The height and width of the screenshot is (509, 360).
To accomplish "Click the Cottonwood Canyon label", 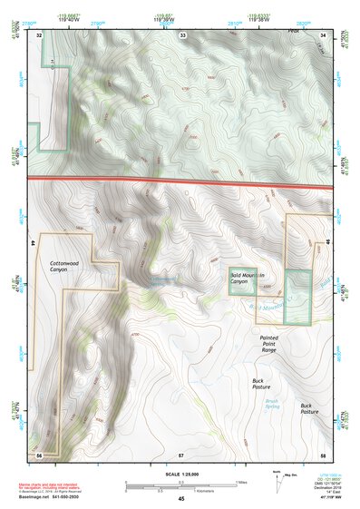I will click(x=59, y=265).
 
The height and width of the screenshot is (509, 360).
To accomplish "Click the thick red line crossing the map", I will click(x=181, y=181).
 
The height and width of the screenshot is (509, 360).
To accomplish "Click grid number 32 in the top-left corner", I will click(x=39, y=34).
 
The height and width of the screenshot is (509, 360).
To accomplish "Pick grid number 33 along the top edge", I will click(x=182, y=34).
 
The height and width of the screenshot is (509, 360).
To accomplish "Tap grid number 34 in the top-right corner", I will click(x=323, y=34).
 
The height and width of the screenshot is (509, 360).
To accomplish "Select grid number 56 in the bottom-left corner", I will click(x=39, y=453).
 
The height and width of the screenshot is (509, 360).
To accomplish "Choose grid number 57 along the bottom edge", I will click(x=181, y=453).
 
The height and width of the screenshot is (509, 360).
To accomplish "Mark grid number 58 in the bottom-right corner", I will click(x=323, y=453).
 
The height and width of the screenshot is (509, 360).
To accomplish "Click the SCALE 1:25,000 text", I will click(x=181, y=475).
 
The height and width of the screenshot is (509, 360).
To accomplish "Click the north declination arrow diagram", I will click(x=277, y=480).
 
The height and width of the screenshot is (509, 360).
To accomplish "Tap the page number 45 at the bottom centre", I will click(x=181, y=499).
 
